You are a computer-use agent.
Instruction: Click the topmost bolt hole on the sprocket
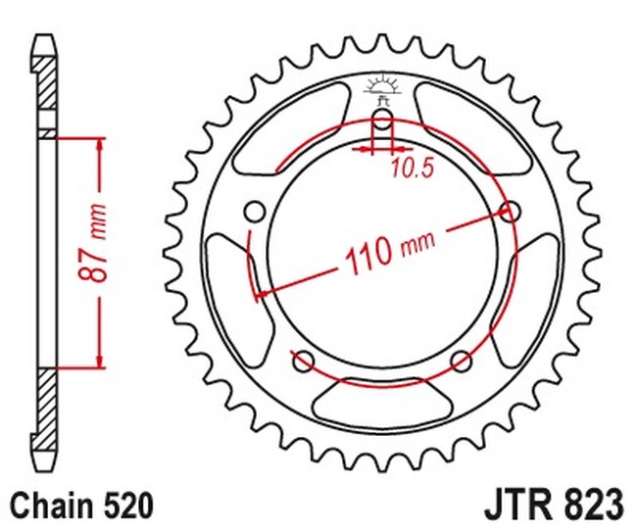(x=383, y=124)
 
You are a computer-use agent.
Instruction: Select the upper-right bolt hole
(x=509, y=210)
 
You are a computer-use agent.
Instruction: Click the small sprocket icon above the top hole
(x=383, y=89)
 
